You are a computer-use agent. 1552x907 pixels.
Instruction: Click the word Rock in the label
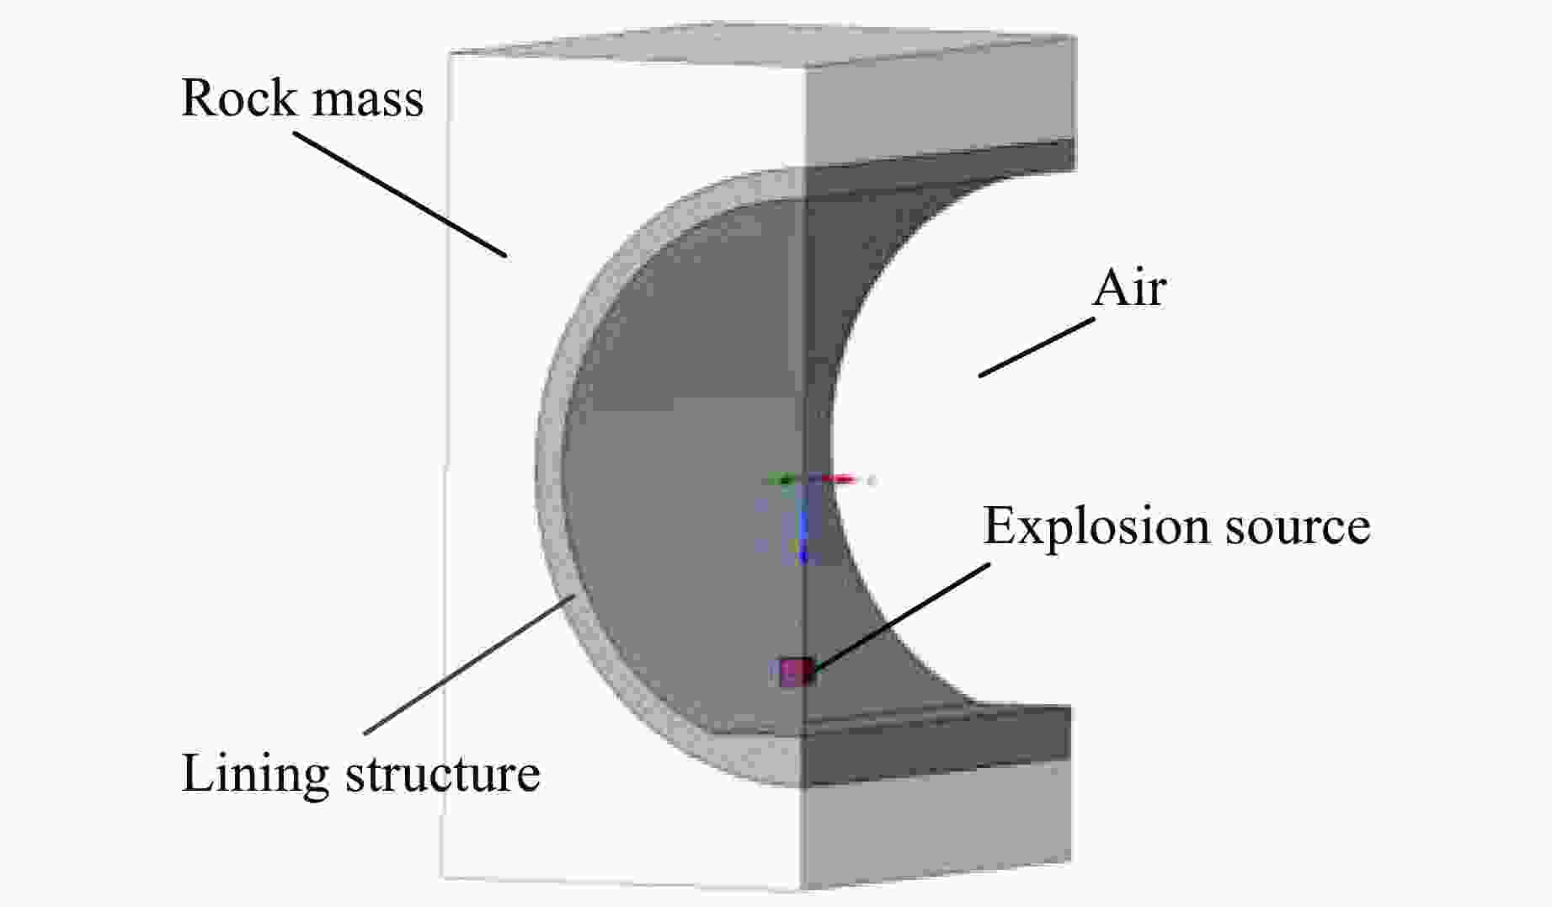[237, 99]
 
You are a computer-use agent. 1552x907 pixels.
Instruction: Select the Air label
[1128, 289]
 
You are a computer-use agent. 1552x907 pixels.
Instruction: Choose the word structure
[443, 774]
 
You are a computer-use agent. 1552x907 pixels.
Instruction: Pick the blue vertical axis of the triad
[803, 526]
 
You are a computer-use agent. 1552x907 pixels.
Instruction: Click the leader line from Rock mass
[400, 193]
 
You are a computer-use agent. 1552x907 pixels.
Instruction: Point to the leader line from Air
[1036, 346]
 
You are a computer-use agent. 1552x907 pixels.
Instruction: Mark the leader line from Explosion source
[901, 616]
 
